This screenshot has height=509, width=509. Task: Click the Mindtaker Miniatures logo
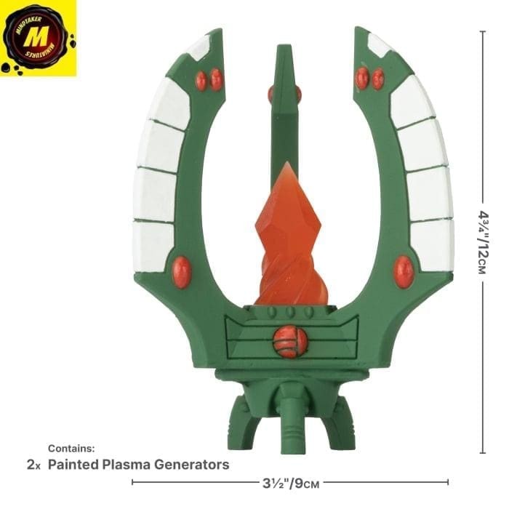pyautogui.click(x=38, y=38)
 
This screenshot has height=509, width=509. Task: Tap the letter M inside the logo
pyautogui.click(x=38, y=37)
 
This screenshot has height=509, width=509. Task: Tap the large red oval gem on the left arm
pyautogui.click(x=182, y=271)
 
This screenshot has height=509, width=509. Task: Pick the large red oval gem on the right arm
pyautogui.click(x=403, y=271)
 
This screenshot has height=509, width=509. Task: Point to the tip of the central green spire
pyautogui.click(x=284, y=49)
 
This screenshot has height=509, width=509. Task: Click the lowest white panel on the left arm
pyautogui.click(x=154, y=245)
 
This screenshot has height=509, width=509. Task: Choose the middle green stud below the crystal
pyautogui.click(x=289, y=312)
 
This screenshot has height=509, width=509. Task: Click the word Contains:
pyautogui.click(x=71, y=449)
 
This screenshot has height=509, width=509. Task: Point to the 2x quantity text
pyautogui.click(x=33, y=465)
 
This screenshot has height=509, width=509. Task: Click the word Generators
pyautogui.click(x=193, y=465)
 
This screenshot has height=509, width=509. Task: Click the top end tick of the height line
pyautogui.click(x=483, y=31)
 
